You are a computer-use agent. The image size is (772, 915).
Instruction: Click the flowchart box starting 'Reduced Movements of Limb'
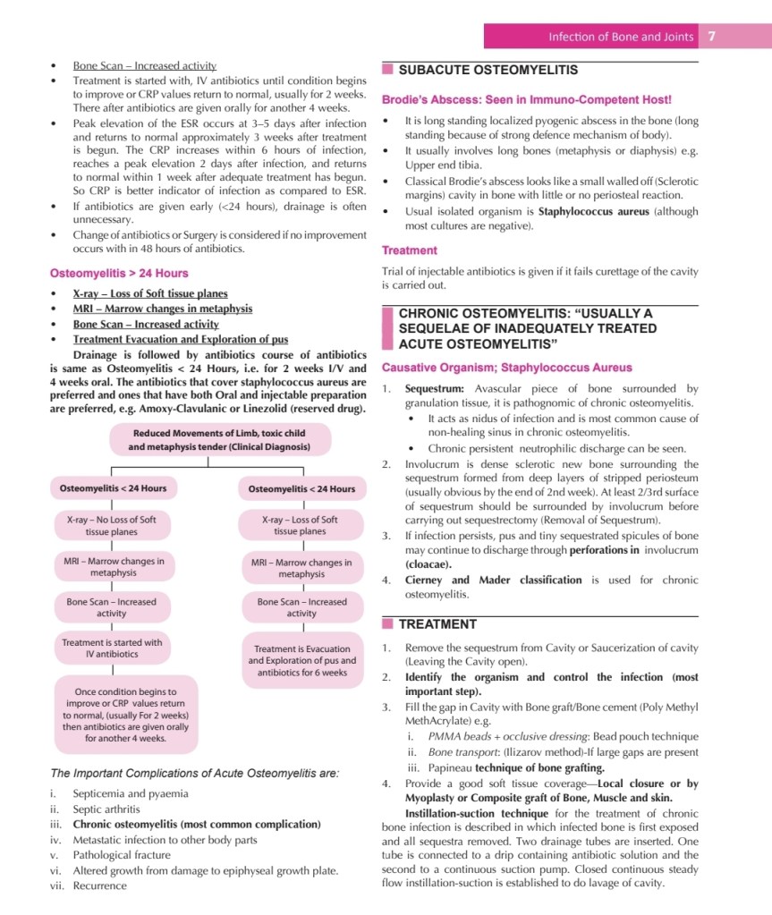[219, 439]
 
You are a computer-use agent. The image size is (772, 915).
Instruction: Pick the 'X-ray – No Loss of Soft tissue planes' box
[112, 525]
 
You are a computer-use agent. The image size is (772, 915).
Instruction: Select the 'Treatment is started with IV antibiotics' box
[112, 648]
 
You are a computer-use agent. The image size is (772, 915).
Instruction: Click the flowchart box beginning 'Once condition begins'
[125, 715]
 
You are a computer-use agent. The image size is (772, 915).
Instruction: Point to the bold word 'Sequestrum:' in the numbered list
[434, 389]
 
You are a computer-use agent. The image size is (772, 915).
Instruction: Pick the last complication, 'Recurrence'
[100, 885]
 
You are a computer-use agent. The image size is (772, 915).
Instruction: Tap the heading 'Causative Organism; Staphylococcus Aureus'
[506, 368]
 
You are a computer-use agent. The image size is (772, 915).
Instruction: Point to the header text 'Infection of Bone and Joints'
[621, 37]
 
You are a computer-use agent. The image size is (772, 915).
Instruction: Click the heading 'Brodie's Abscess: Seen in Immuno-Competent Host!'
[526, 100]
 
